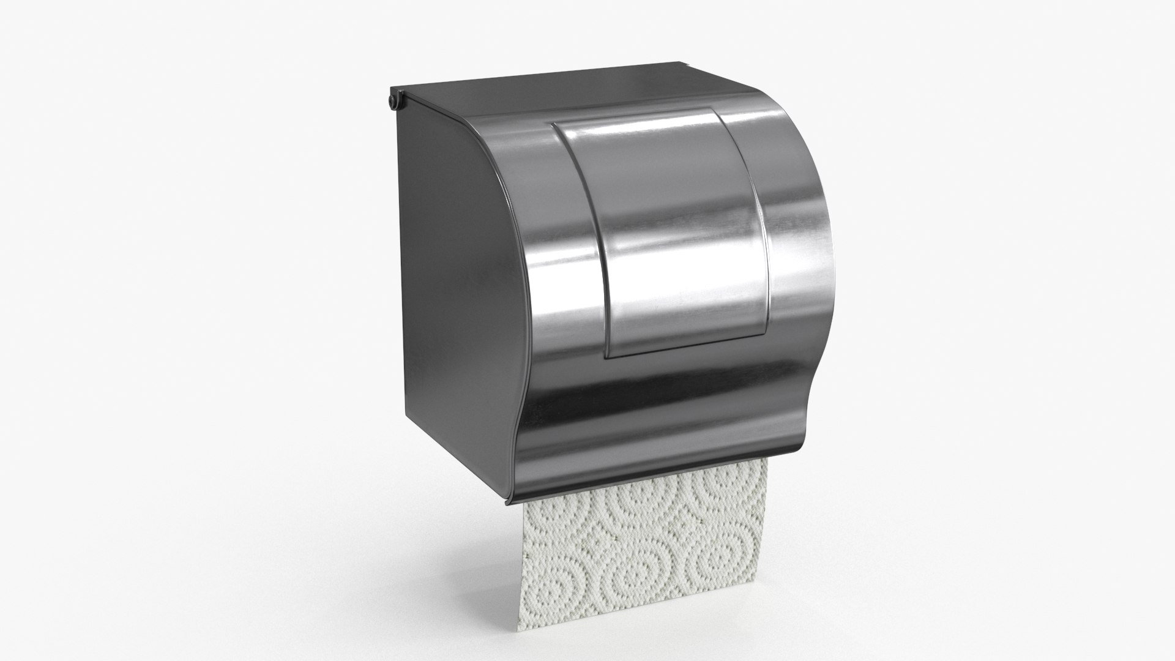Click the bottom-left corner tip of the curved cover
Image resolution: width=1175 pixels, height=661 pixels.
[505, 488]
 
